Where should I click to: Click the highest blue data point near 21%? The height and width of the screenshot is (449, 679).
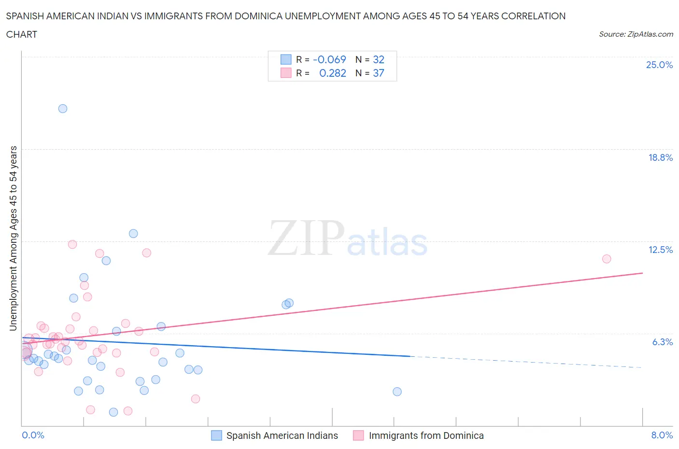[63, 109]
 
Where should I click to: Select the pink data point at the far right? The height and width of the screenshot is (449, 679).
[607, 259]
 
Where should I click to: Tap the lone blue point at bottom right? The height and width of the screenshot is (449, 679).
[397, 392]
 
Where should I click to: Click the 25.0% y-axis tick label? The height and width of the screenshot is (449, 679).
[659, 65]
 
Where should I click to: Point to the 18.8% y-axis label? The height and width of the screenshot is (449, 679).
[660, 157]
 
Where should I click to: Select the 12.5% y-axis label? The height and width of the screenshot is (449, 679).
[660, 250]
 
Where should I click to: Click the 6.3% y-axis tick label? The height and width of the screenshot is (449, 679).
[662, 342]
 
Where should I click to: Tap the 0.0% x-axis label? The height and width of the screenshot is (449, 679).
[33, 435]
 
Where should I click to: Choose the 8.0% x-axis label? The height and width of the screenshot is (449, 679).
[662, 435]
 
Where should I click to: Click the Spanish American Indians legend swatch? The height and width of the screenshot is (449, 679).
[217, 435]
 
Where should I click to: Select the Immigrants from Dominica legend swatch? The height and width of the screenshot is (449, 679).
[358, 435]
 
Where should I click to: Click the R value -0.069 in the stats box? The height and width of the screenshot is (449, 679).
[329, 59]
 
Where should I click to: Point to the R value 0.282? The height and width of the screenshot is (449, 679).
[333, 73]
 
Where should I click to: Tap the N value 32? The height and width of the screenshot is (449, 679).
[379, 59]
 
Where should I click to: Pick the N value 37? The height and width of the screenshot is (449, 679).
[379, 73]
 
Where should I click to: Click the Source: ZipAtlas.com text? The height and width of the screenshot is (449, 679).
[636, 34]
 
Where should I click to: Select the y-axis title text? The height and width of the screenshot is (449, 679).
[13, 238]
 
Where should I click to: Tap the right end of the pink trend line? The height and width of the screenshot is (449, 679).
[642, 273]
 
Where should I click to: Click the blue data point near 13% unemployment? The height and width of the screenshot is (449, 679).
[133, 234]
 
